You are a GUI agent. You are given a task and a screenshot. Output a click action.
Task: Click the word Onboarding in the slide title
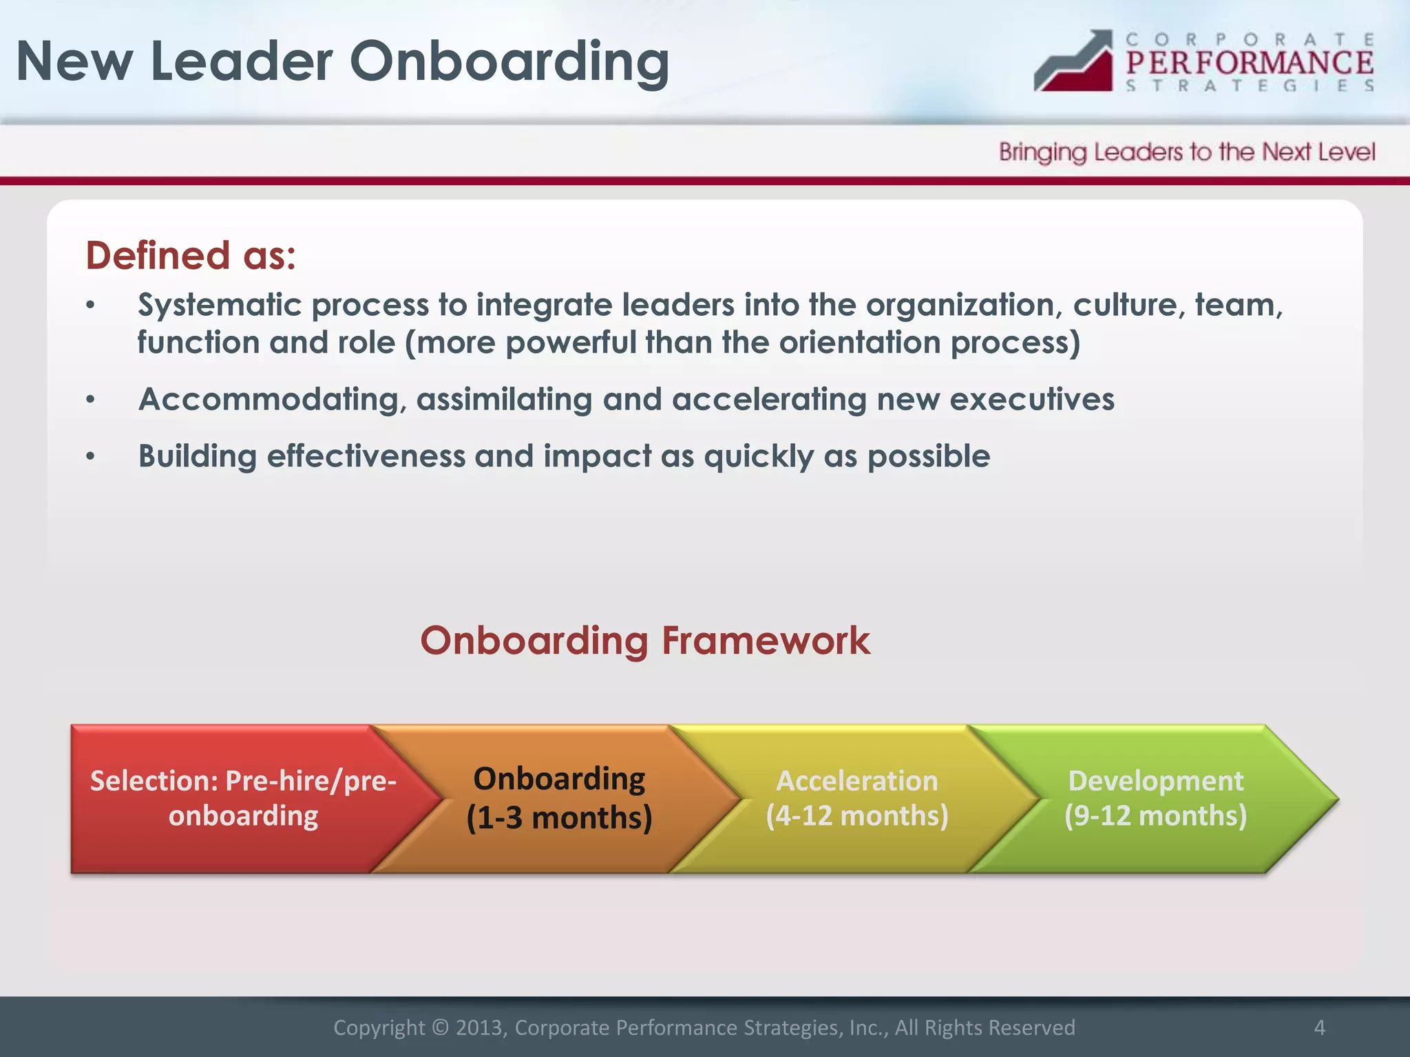pyautogui.click(x=509, y=62)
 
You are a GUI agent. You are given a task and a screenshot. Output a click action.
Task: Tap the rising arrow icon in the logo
pyautogui.click(x=1074, y=62)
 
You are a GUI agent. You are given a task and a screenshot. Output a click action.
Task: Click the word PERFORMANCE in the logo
pyautogui.click(x=1250, y=63)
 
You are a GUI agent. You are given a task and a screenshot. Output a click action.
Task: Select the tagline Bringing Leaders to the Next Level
pyautogui.click(x=1187, y=152)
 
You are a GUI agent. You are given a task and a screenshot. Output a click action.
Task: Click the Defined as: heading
pyautogui.click(x=191, y=256)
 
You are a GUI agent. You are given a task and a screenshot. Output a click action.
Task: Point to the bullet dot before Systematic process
pyautogui.click(x=90, y=306)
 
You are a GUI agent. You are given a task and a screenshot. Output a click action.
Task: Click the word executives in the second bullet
pyautogui.click(x=1031, y=400)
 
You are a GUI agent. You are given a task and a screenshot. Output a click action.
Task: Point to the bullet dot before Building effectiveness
pyautogui.click(x=90, y=456)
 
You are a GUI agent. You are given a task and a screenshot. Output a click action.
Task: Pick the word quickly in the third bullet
pyautogui.click(x=759, y=457)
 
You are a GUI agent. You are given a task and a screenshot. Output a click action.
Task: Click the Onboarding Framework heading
pyautogui.click(x=645, y=641)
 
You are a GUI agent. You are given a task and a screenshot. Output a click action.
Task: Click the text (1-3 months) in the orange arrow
pyautogui.click(x=559, y=818)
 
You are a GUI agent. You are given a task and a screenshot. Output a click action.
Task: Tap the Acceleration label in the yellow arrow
pyautogui.click(x=857, y=781)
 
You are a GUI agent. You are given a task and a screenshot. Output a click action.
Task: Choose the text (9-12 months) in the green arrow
pyautogui.click(x=1155, y=816)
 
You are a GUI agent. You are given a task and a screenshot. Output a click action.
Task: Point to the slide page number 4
pyautogui.click(x=1319, y=1027)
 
